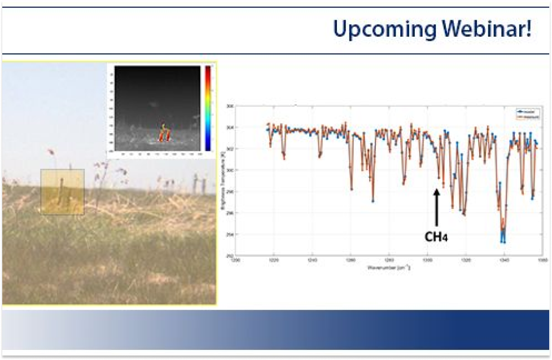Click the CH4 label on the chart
pos(436,236)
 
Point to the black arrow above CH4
pos(436,208)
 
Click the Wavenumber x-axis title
pos(388,267)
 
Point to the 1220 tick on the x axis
pos(274,260)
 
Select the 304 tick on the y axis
pos(230,128)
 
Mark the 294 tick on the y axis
pos(230,234)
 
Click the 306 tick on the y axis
pos(230,106)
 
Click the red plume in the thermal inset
pos(164,134)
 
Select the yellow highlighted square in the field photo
pos(62,192)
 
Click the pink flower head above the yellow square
pos(51,152)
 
